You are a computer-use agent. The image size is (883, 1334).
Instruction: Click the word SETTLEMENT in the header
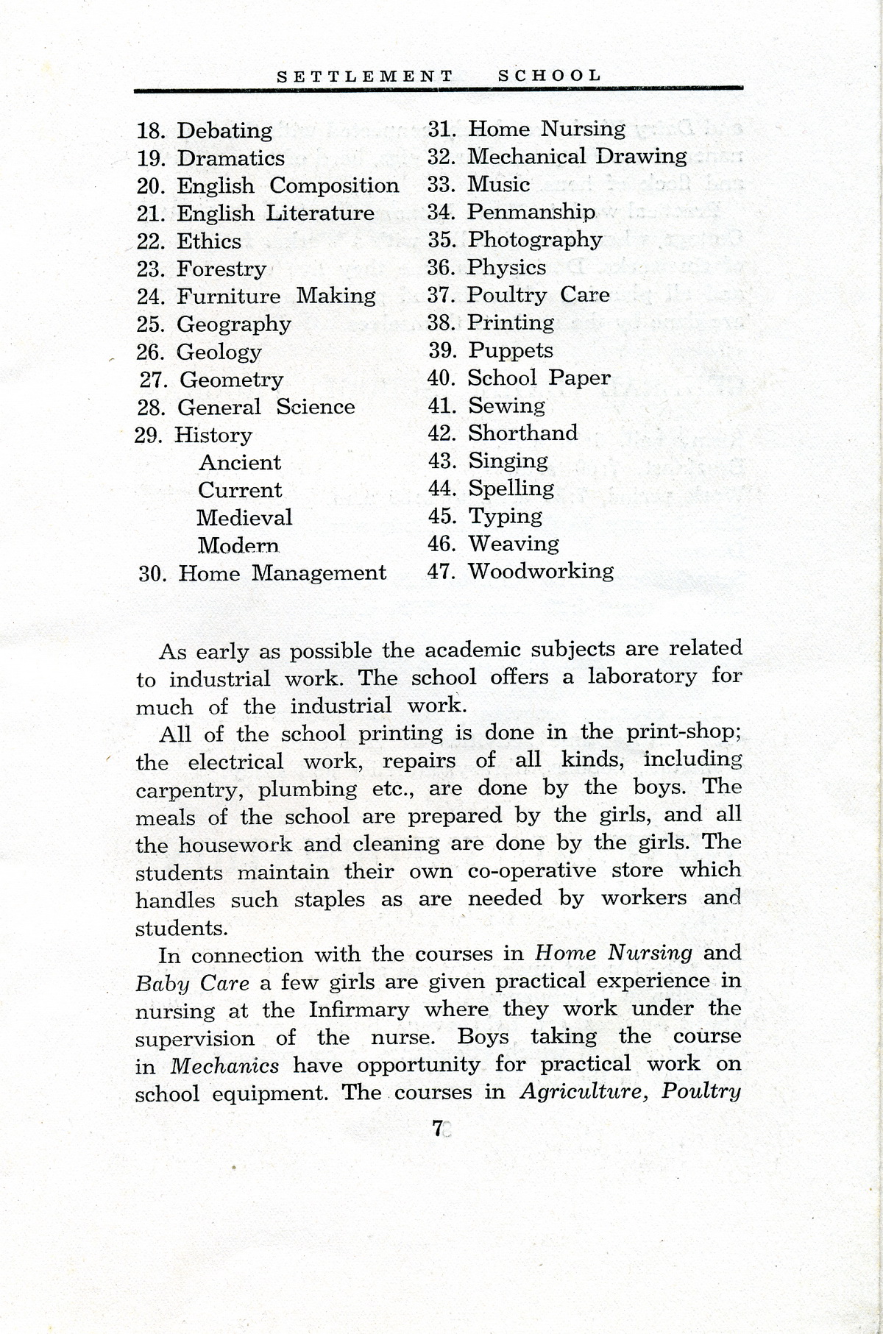tap(365, 76)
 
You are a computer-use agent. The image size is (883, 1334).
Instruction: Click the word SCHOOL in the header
tap(550, 75)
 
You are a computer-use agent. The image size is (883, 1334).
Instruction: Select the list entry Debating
tap(224, 131)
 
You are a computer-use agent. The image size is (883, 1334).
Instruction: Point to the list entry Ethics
tap(209, 241)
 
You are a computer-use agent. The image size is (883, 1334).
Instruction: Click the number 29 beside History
tap(148, 436)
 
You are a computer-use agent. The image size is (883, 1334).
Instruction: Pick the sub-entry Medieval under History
tap(244, 518)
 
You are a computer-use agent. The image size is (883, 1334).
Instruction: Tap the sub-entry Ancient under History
tap(240, 463)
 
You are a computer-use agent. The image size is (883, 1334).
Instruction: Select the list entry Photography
tap(535, 240)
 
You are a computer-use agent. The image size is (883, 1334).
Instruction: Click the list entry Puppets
tap(511, 350)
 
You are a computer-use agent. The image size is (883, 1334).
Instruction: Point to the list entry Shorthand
tap(522, 433)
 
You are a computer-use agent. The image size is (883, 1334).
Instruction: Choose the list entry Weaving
tap(514, 544)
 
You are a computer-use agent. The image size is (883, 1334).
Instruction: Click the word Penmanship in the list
tap(531, 213)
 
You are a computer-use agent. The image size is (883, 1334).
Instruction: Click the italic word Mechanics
tap(225, 1065)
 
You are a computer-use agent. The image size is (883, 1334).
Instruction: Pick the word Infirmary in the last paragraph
tap(358, 1009)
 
